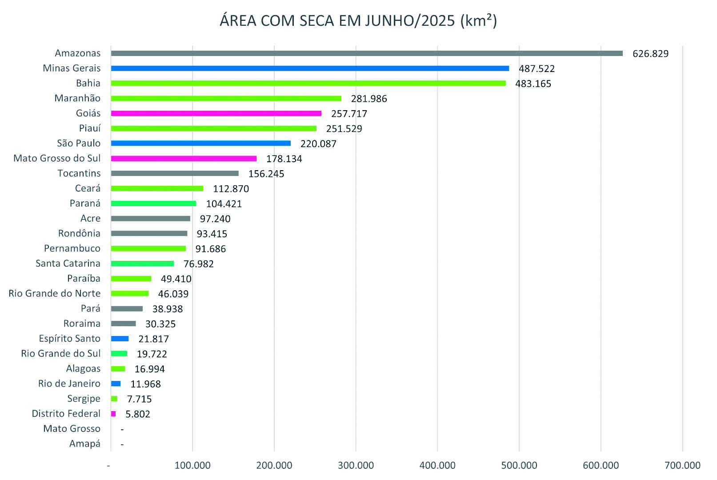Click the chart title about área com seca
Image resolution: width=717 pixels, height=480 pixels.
click(358, 20)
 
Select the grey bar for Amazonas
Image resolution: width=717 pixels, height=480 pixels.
click(367, 53)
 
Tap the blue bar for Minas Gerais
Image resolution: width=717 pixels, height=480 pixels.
click(310, 68)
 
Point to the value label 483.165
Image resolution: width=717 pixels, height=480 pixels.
click(533, 84)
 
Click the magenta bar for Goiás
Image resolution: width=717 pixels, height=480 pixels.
click(216, 113)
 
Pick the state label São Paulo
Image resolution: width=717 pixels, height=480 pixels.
click(79, 143)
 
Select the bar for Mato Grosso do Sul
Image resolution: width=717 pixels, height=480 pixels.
click(184, 159)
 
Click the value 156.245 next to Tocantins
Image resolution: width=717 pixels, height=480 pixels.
click(266, 174)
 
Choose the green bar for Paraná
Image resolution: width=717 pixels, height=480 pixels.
click(153, 204)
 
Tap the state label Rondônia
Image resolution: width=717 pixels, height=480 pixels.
click(79, 233)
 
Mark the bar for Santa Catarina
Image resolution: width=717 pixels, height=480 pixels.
click(142, 264)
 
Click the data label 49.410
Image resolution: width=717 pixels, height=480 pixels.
click(176, 279)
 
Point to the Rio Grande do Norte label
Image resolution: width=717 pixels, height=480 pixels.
click(55, 293)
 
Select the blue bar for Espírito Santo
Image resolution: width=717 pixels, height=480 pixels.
click(120, 339)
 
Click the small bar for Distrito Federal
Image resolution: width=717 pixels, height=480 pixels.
click(113, 414)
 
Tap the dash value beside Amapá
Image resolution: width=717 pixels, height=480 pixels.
click(122, 444)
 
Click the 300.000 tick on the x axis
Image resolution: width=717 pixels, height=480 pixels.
click(356, 465)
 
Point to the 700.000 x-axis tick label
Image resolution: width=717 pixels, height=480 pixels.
click(682, 465)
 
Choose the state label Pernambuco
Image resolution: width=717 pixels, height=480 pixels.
click(72, 248)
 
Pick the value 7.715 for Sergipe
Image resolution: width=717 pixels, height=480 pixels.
click(139, 399)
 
